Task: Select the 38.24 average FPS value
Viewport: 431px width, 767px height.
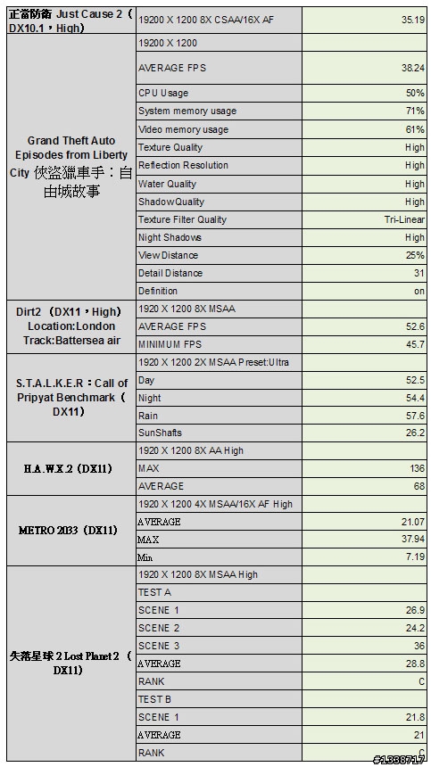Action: pos(411,68)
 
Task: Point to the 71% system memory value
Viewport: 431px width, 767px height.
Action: pos(415,111)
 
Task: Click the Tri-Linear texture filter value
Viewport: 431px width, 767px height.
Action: pos(404,219)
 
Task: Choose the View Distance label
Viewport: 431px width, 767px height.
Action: pos(168,255)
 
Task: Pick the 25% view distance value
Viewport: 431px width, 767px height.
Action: pos(415,255)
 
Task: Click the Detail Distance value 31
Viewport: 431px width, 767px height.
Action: pos(419,273)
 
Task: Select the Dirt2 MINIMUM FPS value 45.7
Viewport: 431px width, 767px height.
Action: pos(415,344)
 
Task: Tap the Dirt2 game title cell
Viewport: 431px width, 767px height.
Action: pos(67,326)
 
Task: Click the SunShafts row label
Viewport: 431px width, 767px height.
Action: pos(160,433)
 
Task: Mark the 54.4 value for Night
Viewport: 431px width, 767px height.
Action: pos(415,398)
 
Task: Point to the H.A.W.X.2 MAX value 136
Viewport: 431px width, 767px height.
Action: pos(417,468)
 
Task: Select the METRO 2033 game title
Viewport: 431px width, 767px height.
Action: pos(68,531)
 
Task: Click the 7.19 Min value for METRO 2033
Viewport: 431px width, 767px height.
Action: pos(415,557)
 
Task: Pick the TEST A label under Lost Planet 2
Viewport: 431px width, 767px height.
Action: pos(154,592)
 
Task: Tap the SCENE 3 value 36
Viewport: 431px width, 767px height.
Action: pos(419,646)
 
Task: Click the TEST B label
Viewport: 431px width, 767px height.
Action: pos(154,699)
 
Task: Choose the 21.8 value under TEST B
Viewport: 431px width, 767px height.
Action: pos(415,717)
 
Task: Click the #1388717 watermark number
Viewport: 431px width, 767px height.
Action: pos(399,760)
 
